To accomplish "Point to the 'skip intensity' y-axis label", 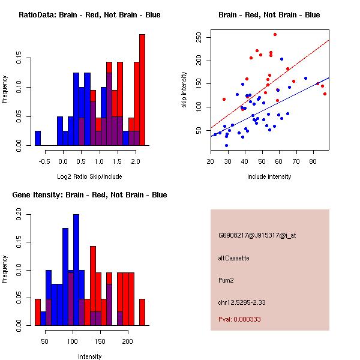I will tap(184, 90).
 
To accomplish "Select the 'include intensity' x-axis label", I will tap(269, 176).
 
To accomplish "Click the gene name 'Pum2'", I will tap(226, 280).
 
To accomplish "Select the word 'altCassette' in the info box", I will tap(234, 258).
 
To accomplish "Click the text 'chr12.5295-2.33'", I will tap(242, 302).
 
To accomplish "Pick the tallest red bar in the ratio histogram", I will tap(142, 90).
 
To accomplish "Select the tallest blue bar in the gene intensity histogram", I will tap(76, 270).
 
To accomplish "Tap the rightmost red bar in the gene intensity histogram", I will tap(142, 311).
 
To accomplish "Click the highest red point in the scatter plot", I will tap(275, 34).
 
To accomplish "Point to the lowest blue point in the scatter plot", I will tap(226, 145).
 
